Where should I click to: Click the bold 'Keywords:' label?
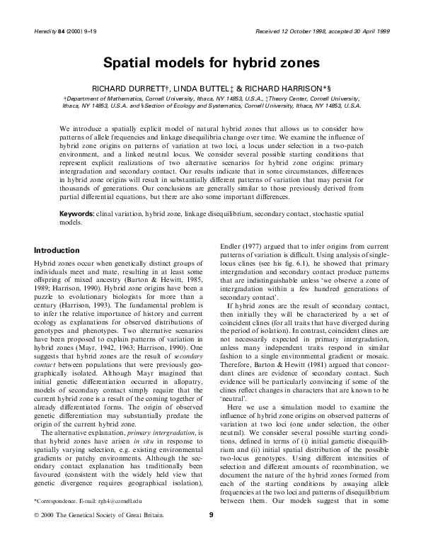[x=78, y=213]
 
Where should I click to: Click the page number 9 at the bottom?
[x=211, y=536]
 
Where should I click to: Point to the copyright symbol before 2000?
[x=37, y=536]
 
